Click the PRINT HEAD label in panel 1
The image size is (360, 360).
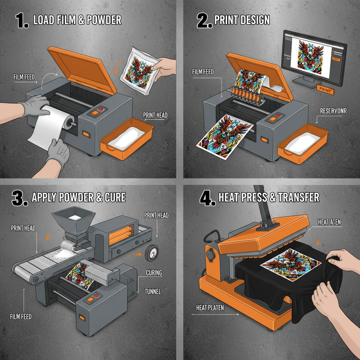pos(155,115)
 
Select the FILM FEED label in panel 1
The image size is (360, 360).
pos(24,77)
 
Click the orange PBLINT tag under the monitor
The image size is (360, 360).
pos(325,90)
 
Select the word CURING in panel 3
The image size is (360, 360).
pos(154,273)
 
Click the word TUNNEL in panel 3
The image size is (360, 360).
pos(153,291)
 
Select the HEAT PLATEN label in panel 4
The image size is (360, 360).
pos(210,308)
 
